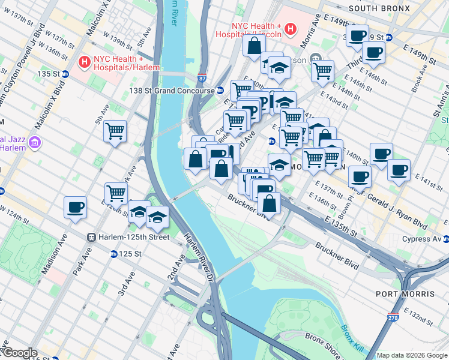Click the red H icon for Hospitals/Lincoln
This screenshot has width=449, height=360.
pos(291,28)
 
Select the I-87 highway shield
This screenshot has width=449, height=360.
pos(202,78)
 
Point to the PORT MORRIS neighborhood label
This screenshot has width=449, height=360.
pos(405,294)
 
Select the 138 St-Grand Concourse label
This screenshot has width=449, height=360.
pos(172,91)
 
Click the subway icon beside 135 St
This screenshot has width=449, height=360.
pos(65,74)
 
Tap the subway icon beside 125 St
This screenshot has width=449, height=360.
pos(113,254)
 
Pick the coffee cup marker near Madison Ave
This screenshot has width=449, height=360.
pos(76,208)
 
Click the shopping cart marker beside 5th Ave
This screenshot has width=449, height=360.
pos(115,131)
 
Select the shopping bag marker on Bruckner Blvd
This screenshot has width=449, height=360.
pos(270,203)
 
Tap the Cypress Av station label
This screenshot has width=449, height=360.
pos(420,239)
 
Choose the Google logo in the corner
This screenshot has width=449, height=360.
pos(19,353)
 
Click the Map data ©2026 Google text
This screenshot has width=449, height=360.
pos(412,355)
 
